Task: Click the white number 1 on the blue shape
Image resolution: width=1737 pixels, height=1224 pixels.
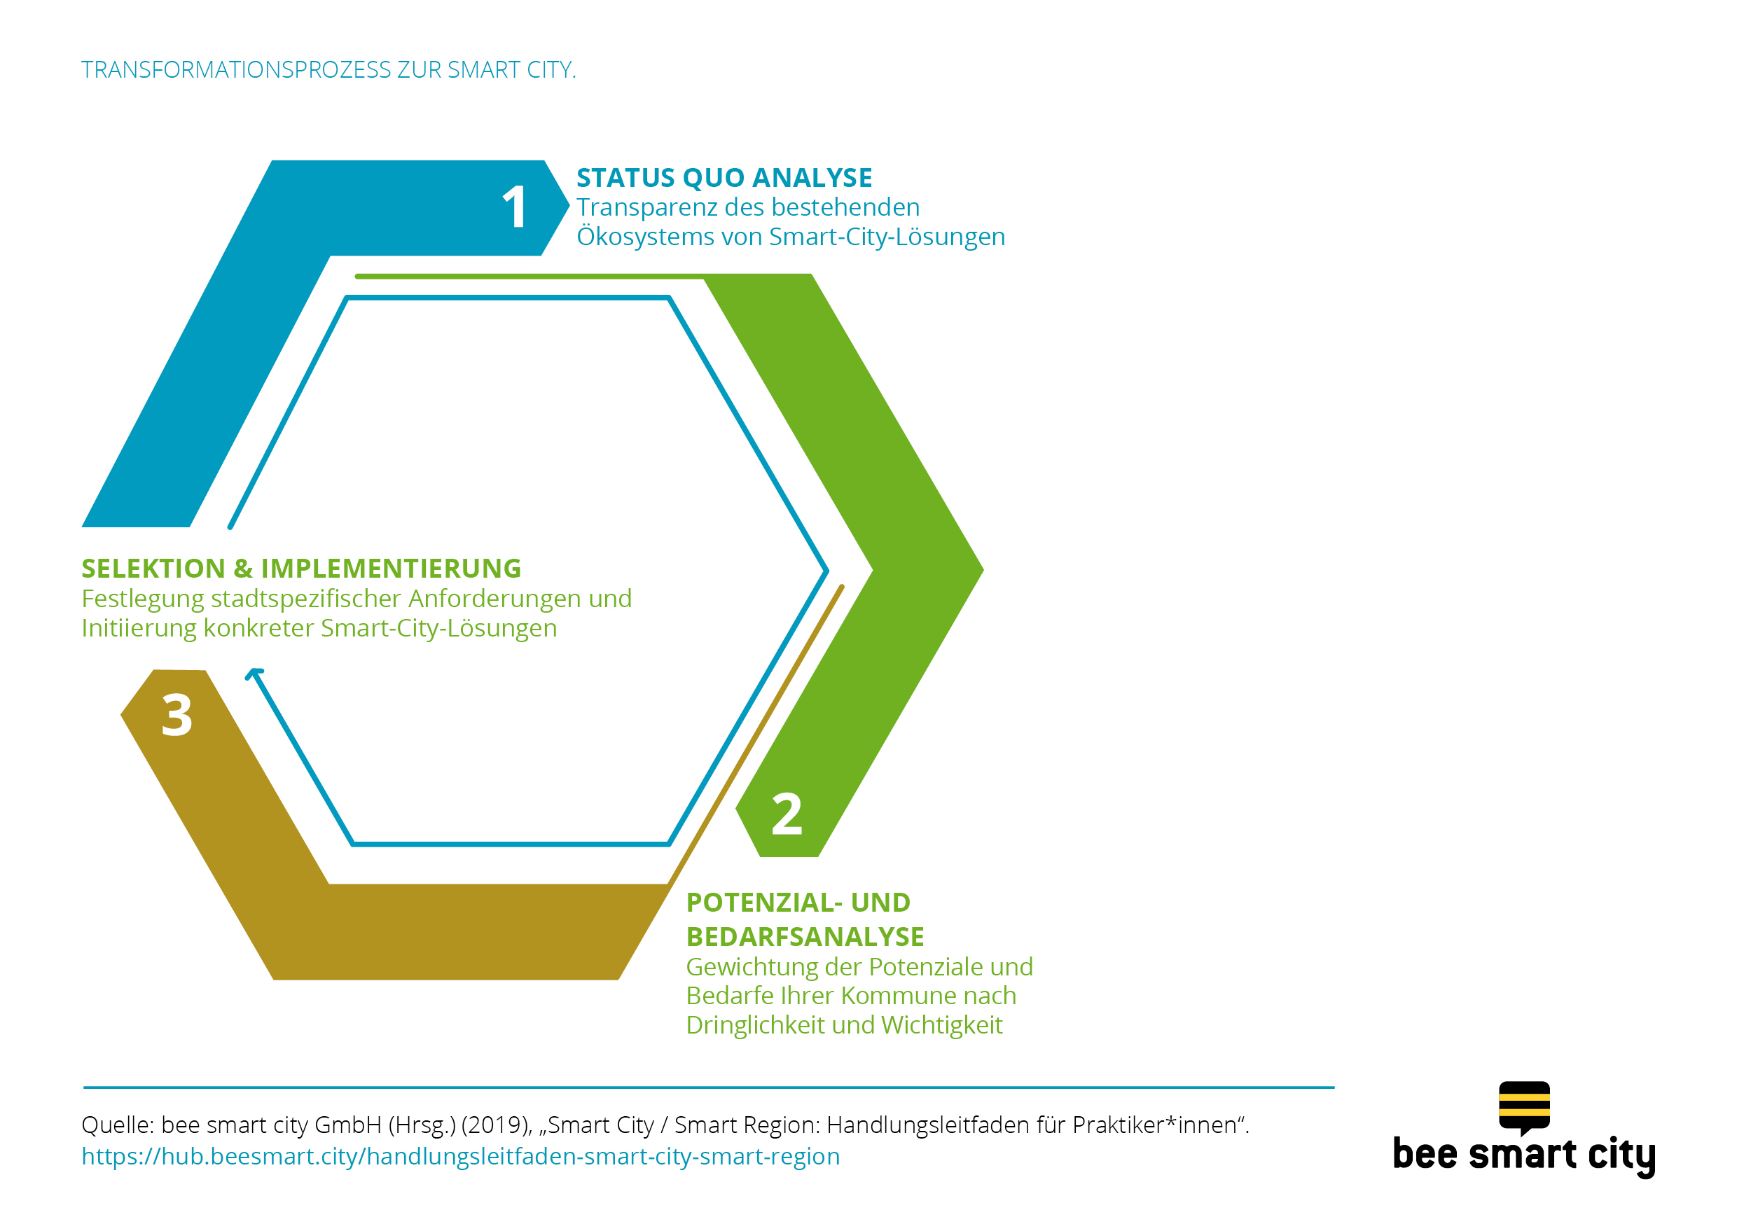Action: coord(515,207)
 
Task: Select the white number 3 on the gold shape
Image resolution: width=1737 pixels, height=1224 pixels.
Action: coord(177,715)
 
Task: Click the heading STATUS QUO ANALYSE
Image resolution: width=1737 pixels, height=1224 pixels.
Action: coord(724,178)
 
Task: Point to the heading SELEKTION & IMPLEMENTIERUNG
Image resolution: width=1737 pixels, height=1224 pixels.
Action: coord(301,568)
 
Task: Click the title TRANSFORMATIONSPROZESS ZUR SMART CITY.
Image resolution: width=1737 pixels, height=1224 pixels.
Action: coord(328,69)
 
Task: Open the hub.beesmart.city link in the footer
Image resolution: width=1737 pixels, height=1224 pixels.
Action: coord(461,1157)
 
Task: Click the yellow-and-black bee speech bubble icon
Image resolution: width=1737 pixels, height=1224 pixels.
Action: coord(1524,1107)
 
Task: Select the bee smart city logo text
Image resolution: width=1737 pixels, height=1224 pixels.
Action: coord(1524,1156)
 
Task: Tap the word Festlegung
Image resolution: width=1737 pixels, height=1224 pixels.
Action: coord(143,599)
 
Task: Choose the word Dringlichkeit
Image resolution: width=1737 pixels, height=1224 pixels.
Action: coord(755,1025)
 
